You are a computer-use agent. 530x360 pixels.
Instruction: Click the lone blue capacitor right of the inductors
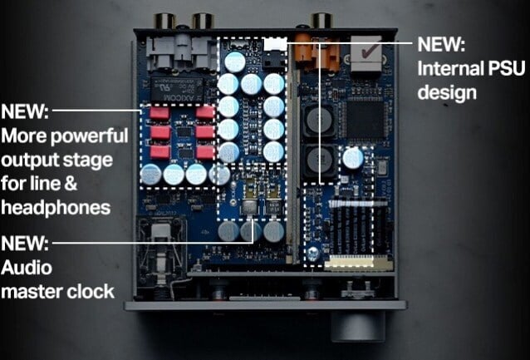353,159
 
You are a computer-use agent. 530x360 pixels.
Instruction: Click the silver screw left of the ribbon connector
313,251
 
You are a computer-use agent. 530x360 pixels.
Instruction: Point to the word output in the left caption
26,159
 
